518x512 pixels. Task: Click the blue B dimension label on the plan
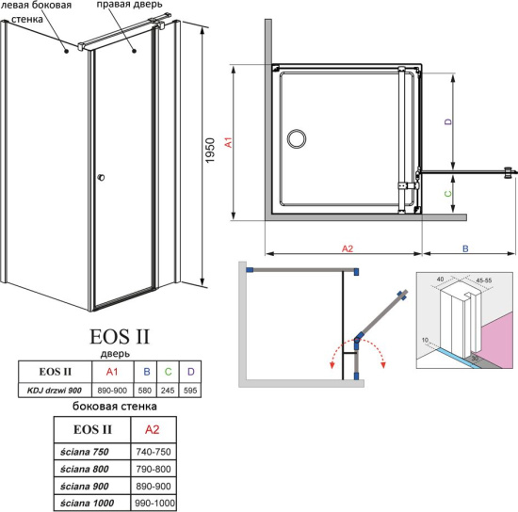[x=465, y=248]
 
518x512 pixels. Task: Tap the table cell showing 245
[x=169, y=390]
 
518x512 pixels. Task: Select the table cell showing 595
[x=191, y=390]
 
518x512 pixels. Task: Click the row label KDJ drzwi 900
[x=54, y=390]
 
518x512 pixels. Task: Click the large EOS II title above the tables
[x=119, y=335]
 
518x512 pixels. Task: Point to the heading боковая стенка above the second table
[x=115, y=407]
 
